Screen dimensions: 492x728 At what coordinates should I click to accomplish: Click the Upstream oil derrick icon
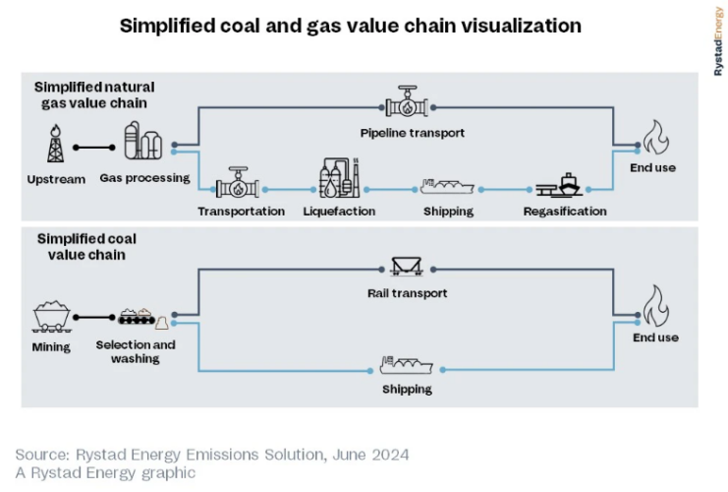56,143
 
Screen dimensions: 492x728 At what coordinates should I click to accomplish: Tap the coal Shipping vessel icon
406,367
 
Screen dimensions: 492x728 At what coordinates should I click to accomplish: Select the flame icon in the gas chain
654,139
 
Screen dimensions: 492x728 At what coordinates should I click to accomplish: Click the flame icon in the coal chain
654,306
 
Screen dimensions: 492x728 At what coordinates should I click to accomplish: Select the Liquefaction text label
339,212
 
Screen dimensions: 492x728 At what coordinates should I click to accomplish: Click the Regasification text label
565,212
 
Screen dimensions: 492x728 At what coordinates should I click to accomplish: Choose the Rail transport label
407,293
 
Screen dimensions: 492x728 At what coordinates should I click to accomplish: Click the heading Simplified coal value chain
86,247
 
